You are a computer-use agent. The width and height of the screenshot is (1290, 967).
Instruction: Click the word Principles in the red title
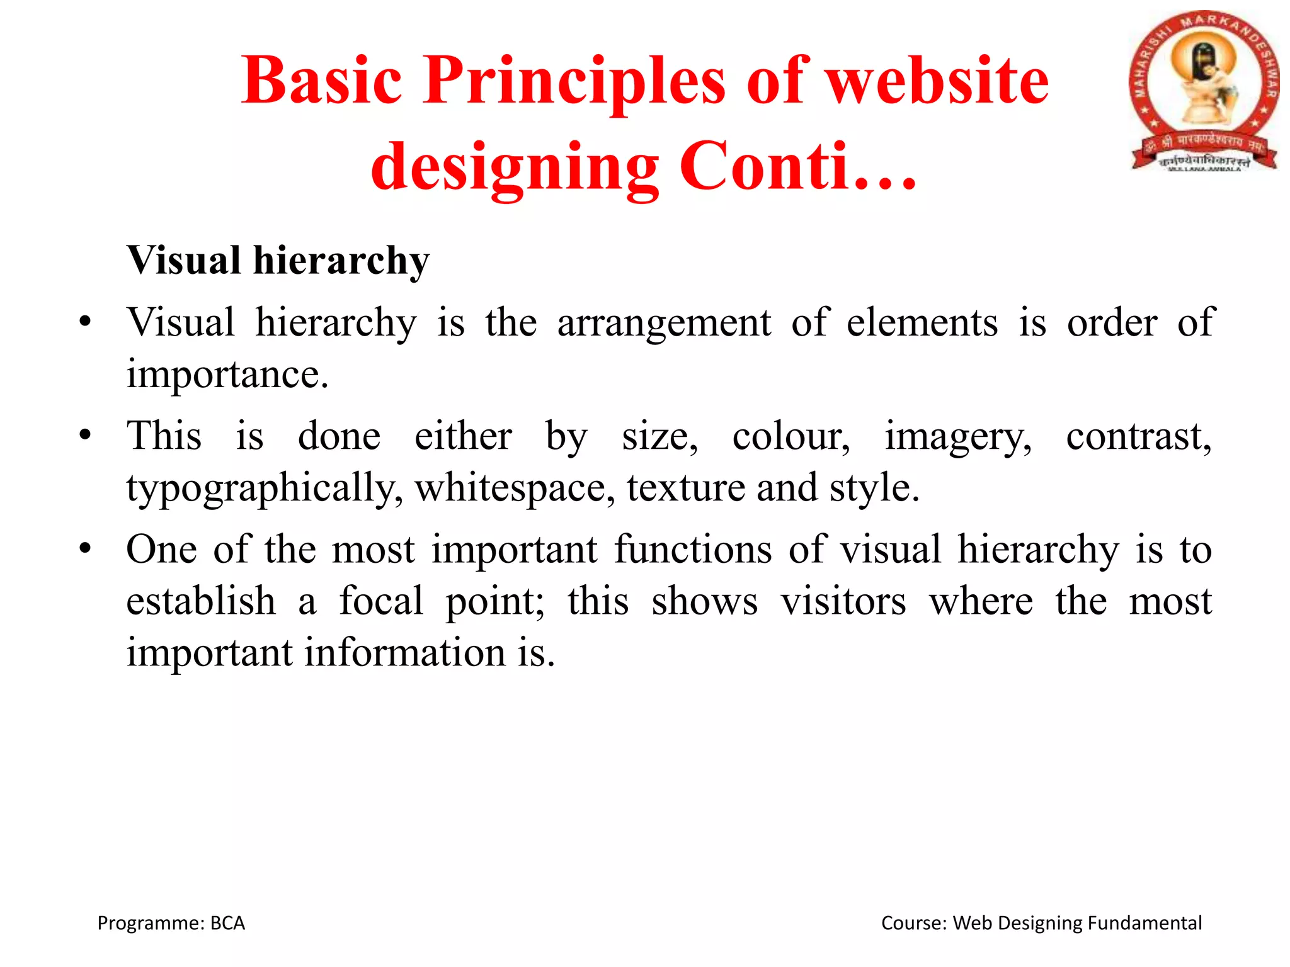pos(574,82)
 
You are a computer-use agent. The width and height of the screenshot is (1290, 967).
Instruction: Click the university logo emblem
pos(1204,91)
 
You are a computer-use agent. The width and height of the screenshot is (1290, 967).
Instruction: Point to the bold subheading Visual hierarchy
pos(278,261)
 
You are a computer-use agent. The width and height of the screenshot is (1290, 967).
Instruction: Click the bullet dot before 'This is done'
pos(86,435)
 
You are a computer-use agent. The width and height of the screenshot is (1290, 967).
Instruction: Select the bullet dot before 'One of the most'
pos(86,548)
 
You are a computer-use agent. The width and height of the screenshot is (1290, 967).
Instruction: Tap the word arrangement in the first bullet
pos(664,324)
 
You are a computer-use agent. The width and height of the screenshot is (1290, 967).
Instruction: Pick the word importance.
pos(227,375)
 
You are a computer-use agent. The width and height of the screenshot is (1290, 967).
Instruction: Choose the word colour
pos(791,436)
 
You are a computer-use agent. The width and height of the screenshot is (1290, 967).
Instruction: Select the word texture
pos(686,489)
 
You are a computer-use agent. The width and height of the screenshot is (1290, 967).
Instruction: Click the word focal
pos(381,601)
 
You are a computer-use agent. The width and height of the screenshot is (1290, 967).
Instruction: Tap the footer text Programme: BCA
pos(171,923)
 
